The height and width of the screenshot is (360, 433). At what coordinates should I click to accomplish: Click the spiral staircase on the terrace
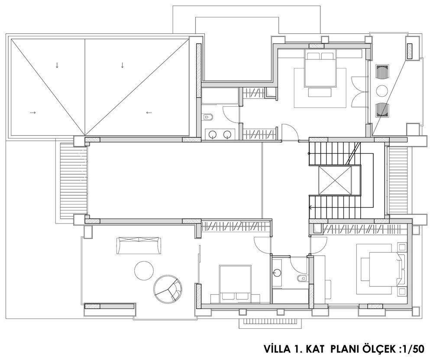tap(168, 289)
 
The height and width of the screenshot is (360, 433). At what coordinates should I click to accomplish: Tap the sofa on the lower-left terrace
tap(139, 245)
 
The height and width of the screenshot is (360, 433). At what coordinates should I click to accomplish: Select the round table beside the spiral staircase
tap(144, 270)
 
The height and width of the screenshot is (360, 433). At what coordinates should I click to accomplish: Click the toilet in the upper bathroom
tap(208, 117)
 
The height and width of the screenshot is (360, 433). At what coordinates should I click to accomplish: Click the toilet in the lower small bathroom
tap(301, 278)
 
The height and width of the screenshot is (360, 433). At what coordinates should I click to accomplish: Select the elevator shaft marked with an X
tap(334, 180)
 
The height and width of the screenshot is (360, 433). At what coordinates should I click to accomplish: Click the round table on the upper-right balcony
tap(382, 91)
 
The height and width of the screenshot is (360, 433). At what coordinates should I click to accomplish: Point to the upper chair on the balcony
tap(382, 72)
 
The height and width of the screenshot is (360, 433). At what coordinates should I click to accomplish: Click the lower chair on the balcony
tap(382, 110)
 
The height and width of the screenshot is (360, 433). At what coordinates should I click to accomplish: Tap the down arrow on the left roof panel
tap(57, 65)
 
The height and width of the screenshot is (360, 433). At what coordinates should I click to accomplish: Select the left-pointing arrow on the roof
tap(149, 113)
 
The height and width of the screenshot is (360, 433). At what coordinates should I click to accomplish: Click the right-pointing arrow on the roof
tap(33, 113)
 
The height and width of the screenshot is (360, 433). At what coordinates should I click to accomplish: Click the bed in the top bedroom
tap(320, 69)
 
